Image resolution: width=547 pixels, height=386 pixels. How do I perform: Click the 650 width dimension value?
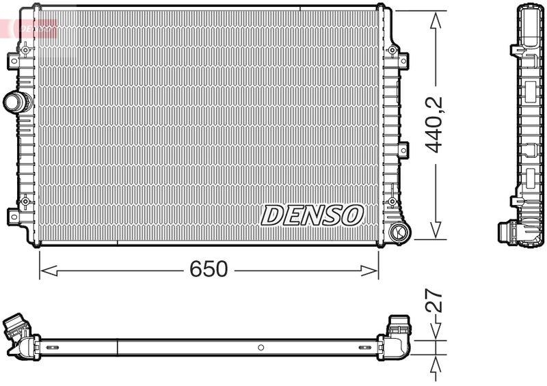(209, 270)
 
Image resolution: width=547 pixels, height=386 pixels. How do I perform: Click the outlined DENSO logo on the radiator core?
(312, 215)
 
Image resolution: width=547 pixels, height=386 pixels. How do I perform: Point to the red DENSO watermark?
(31, 28)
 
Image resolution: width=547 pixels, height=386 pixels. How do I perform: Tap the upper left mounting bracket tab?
(14, 61)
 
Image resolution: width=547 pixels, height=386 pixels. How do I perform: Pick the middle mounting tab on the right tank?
(403, 149)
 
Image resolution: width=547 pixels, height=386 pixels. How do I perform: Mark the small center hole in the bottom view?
(261, 348)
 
